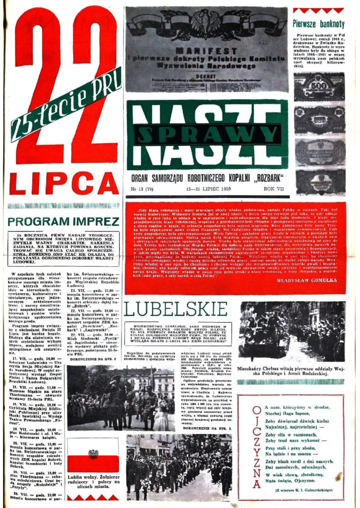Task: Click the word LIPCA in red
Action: tap(63, 183)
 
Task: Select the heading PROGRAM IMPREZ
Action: tap(64, 222)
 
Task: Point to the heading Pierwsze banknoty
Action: tap(318, 23)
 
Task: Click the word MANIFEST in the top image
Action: tap(207, 52)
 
